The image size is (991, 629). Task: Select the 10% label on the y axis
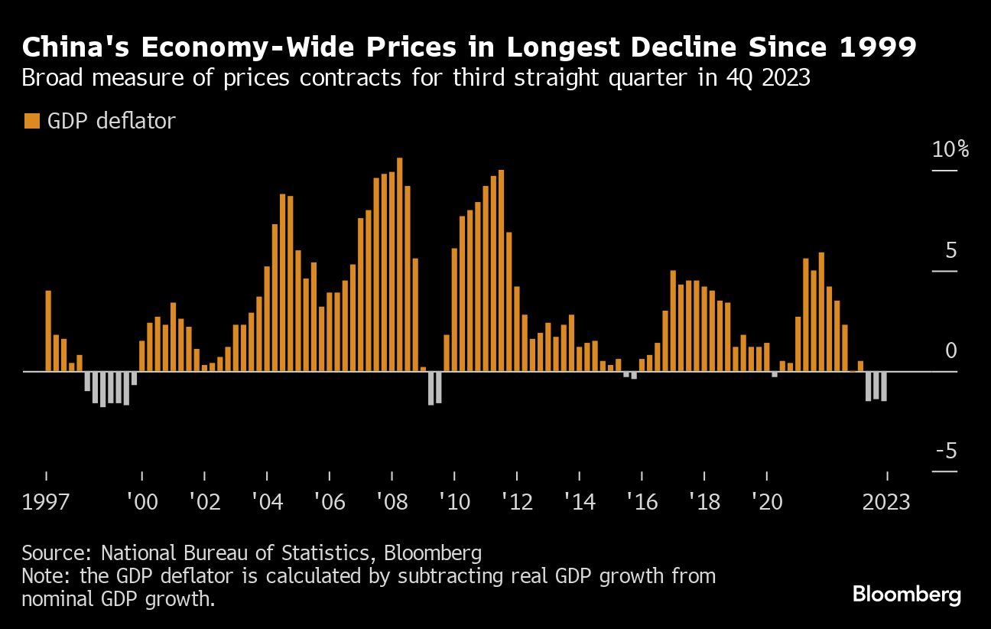[x=950, y=149]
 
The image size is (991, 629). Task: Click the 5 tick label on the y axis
[x=951, y=250]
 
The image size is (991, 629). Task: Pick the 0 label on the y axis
[x=951, y=350]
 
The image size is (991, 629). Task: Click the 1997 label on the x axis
[x=47, y=503]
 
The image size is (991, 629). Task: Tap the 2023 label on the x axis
[x=885, y=503]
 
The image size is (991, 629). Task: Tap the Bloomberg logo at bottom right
[x=906, y=595]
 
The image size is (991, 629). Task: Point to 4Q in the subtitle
[x=716, y=79]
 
